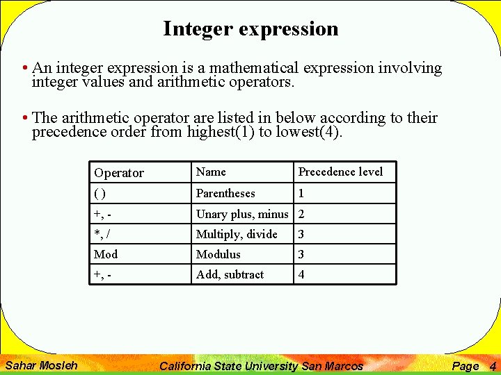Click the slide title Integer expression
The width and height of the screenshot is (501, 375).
[x=250, y=28]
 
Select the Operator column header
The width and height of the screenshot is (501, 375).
[x=119, y=173]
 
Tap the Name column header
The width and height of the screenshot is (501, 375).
[x=211, y=172]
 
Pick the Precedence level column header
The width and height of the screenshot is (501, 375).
[x=340, y=172]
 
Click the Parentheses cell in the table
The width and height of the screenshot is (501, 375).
[x=225, y=193]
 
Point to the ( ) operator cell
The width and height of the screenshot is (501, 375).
[x=100, y=194]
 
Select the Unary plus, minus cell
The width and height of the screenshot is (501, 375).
[x=242, y=214]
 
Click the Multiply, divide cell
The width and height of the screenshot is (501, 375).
[x=237, y=234]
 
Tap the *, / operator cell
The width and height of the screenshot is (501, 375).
[x=102, y=234]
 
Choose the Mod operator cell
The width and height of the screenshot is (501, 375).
[x=106, y=254]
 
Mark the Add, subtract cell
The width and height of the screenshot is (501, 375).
[x=230, y=274]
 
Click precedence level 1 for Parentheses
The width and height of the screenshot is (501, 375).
[x=301, y=193]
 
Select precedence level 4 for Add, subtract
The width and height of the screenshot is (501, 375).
[x=301, y=274]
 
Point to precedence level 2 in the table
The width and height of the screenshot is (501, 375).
[x=301, y=214]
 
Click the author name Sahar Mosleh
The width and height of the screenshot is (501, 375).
[x=42, y=365]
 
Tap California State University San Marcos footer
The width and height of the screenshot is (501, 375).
[x=262, y=366]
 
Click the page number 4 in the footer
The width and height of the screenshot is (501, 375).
[x=493, y=366]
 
